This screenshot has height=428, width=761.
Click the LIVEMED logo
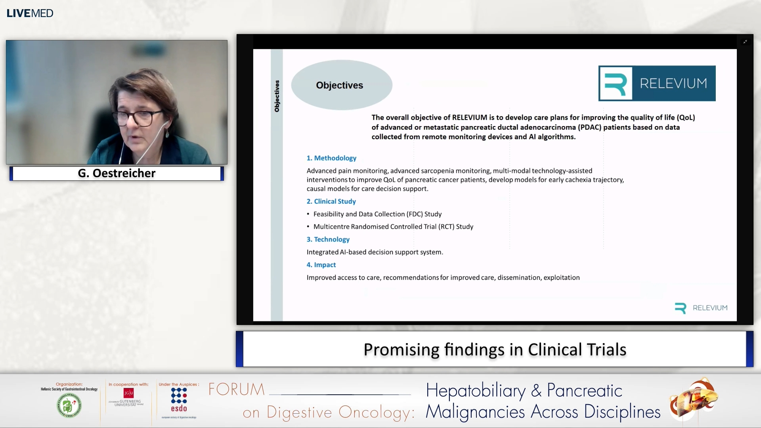pyautogui.click(x=30, y=13)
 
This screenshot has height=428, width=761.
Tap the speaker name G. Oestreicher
pyautogui.click(x=117, y=173)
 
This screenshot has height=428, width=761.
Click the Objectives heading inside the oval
pyautogui.click(x=339, y=85)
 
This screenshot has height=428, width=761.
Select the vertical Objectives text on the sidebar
pyautogui.click(x=277, y=96)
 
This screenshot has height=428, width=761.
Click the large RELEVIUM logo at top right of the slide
pyautogui.click(x=657, y=83)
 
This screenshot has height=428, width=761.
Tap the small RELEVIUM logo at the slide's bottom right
pyautogui.click(x=701, y=308)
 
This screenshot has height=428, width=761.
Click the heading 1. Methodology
pyautogui.click(x=331, y=158)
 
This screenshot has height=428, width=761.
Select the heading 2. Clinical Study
pyautogui.click(x=331, y=201)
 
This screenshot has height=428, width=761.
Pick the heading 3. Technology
pyautogui.click(x=328, y=239)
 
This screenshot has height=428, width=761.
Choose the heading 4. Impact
pyautogui.click(x=321, y=265)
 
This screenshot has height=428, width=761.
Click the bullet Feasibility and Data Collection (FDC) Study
pyautogui.click(x=377, y=214)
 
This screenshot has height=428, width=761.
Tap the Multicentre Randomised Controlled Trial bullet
pyautogui.click(x=393, y=227)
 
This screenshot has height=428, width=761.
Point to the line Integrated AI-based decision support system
pyautogui.click(x=375, y=252)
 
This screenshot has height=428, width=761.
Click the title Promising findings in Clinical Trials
pyautogui.click(x=495, y=350)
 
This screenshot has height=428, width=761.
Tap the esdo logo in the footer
pyautogui.click(x=179, y=400)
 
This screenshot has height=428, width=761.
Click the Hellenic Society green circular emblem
pyautogui.click(x=69, y=405)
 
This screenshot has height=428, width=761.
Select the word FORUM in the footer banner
pyautogui.click(x=237, y=390)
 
